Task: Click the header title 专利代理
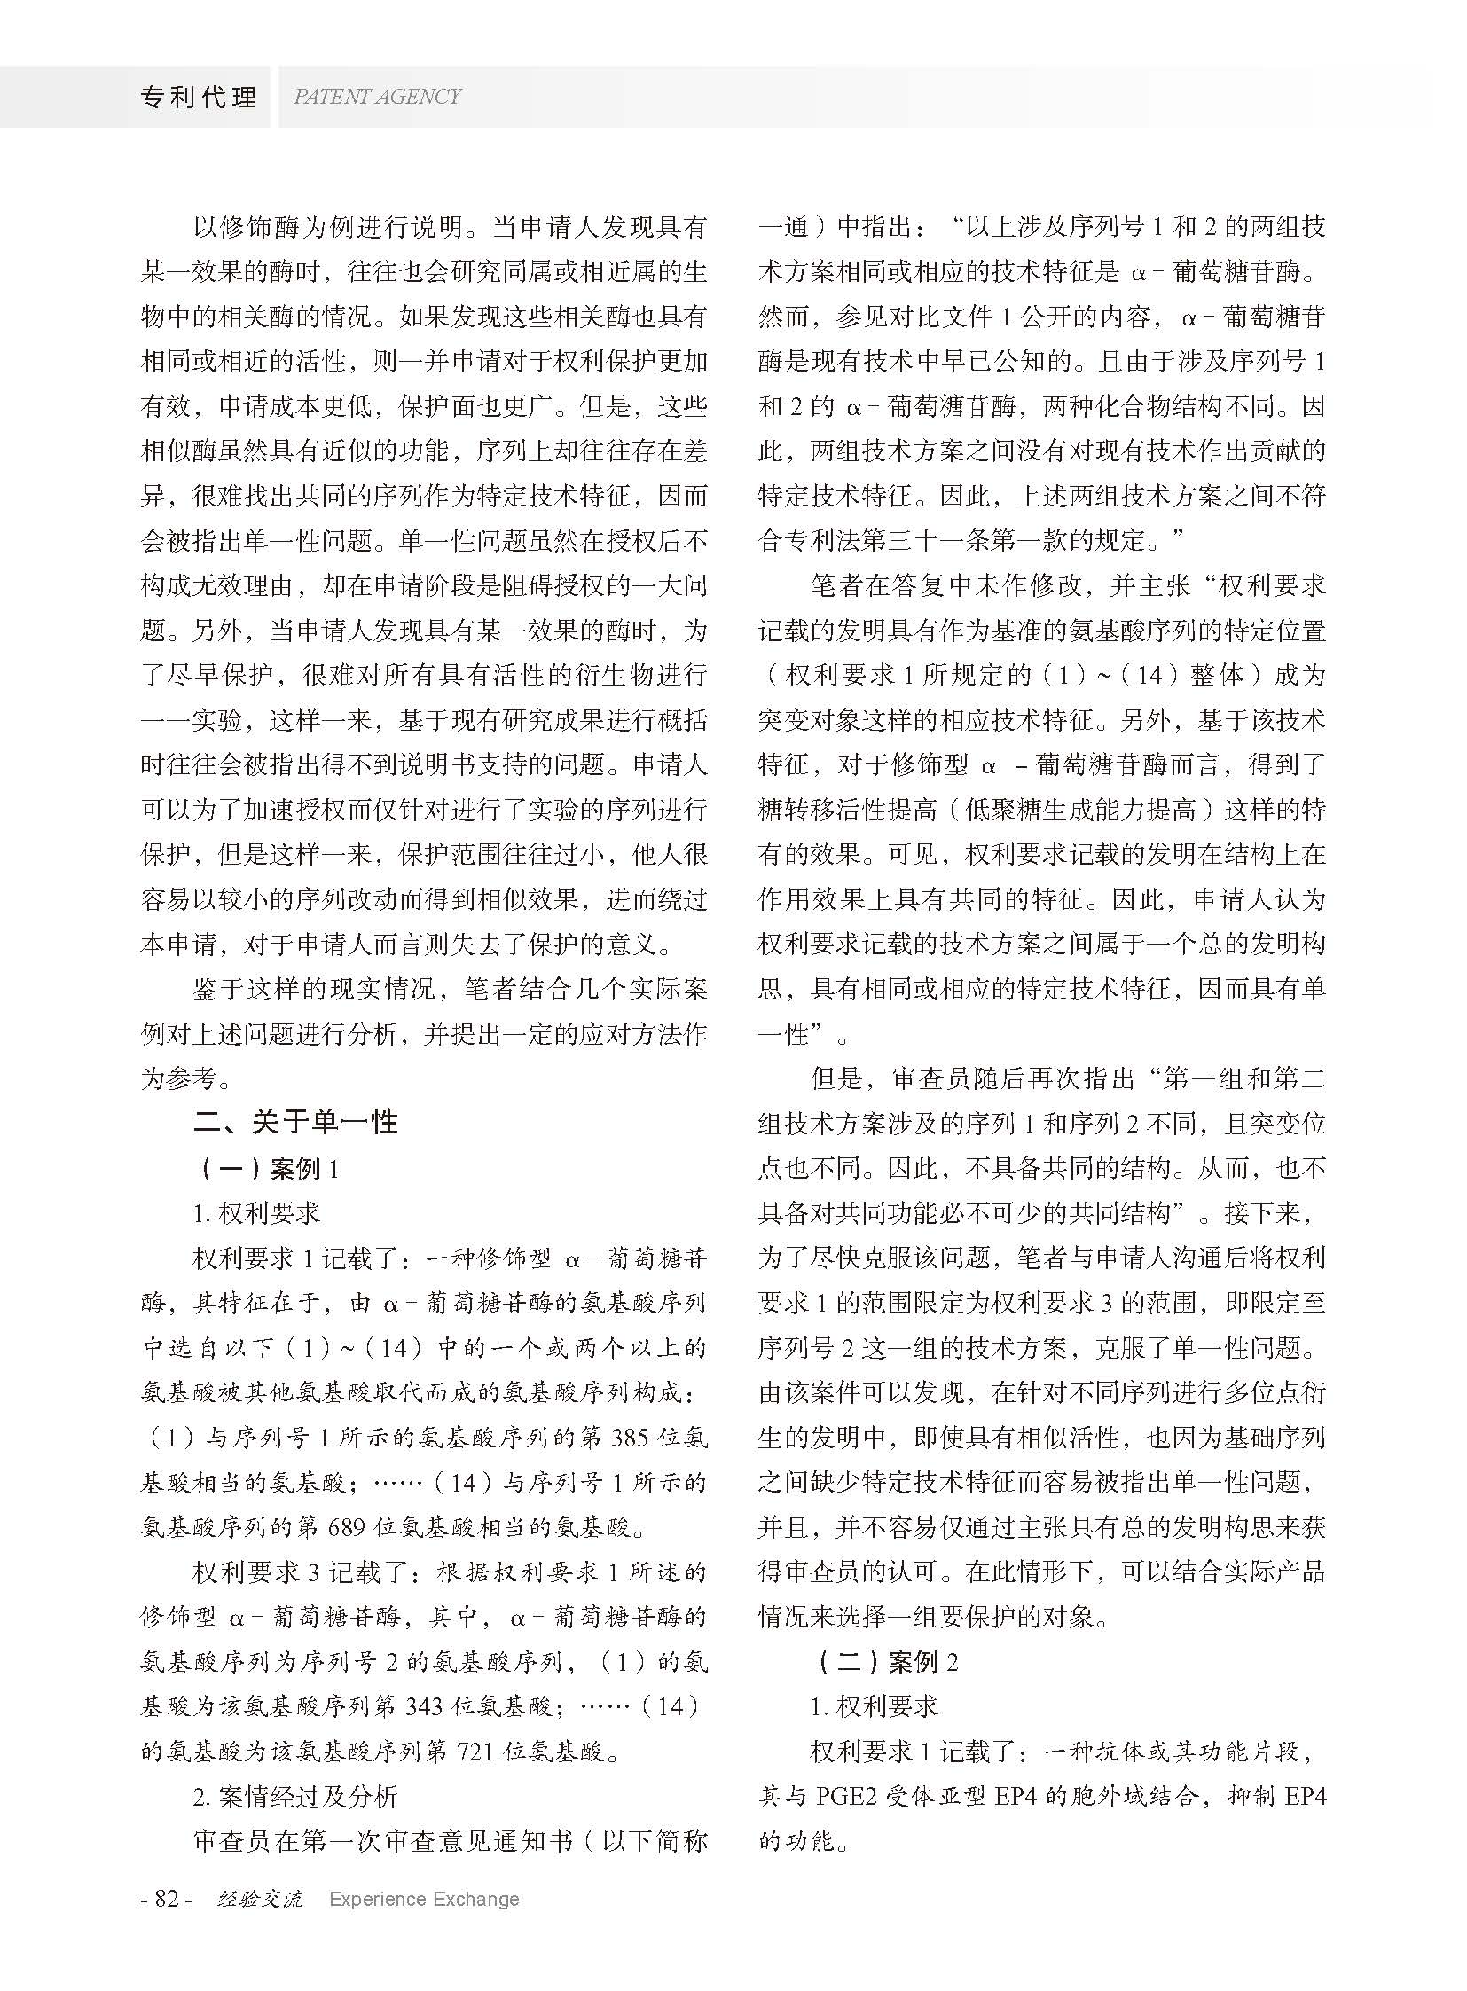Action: [198, 97]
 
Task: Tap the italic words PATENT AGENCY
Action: [377, 97]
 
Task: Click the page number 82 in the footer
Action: [167, 1898]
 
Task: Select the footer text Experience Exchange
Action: [424, 1899]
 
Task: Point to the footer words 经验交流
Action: [259, 1899]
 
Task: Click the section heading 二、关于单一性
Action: [295, 1123]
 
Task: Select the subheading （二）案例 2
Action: [886, 1662]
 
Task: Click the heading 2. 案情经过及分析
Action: [294, 1797]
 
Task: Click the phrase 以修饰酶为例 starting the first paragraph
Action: [270, 227]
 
